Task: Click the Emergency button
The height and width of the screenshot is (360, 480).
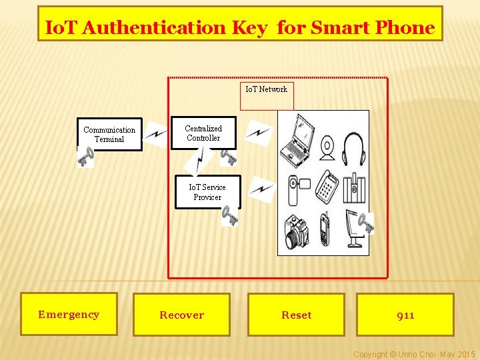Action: coord(69,314)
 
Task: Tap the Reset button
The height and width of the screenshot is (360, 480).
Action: coord(296,315)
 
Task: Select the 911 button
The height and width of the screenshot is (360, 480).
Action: coord(405,315)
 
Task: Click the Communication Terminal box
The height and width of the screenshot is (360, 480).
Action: coord(109,135)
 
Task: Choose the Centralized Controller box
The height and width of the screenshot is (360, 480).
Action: coord(203,133)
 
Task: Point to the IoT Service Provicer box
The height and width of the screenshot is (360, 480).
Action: coord(207,192)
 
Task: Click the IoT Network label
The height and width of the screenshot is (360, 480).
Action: coord(266,89)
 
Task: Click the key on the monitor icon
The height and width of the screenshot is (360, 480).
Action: coord(365,222)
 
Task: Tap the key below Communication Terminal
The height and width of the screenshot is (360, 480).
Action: coord(85,157)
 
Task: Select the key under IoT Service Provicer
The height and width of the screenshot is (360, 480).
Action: coord(229,216)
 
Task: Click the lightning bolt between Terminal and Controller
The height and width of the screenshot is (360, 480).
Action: coord(156,135)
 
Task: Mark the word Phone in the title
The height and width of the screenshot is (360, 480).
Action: coord(405,28)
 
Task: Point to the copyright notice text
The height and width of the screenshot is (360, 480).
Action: coord(413,354)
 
